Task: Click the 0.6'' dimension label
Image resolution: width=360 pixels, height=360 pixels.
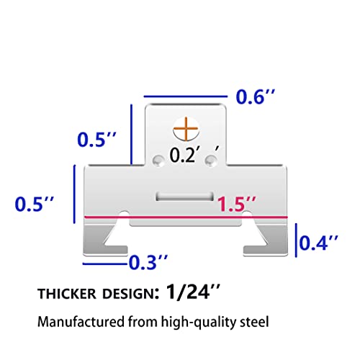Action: point(256,96)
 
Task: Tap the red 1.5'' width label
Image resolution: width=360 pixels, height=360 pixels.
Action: point(237,204)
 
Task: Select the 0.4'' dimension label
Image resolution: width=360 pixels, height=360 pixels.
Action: point(319,243)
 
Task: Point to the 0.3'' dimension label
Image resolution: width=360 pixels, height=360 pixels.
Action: point(148,262)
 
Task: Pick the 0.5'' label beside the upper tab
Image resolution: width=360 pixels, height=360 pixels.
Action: point(96,139)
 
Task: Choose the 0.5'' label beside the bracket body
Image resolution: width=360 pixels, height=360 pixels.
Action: point(35,204)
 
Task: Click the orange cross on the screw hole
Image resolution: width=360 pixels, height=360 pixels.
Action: point(186,129)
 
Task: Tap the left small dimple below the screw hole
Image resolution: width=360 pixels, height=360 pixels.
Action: point(158,161)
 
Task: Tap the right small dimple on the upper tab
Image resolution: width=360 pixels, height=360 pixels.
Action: point(211,161)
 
